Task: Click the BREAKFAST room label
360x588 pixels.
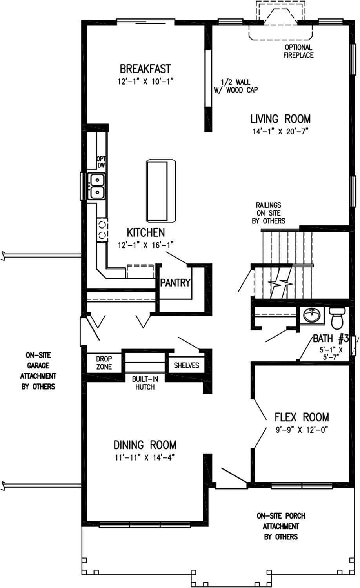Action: click(x=145, y=69)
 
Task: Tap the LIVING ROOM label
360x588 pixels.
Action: click(x=280, y=118)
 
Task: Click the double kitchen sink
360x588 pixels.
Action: click(x=96, y=186)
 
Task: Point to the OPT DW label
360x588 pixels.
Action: click(x=102, y=162)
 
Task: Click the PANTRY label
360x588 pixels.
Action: click(x=175, y=282)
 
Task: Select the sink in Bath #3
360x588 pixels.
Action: click(x=313, y=315)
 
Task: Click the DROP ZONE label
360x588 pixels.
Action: click(x=104, y=363)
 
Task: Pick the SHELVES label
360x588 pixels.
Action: click(x=186, y=365)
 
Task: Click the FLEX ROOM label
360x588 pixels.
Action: click(x=301, y=417)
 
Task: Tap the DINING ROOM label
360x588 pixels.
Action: click(x=145, y=445)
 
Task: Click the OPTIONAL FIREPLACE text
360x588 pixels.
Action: click(x=298, y=51)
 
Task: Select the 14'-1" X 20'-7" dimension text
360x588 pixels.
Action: click(x=281, y=132)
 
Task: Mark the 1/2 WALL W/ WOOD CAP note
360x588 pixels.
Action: click(x=235, y=86)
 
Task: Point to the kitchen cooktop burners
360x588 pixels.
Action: click(x=102, y=230)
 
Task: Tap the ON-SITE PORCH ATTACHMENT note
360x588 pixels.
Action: click(x=281, y=526)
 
